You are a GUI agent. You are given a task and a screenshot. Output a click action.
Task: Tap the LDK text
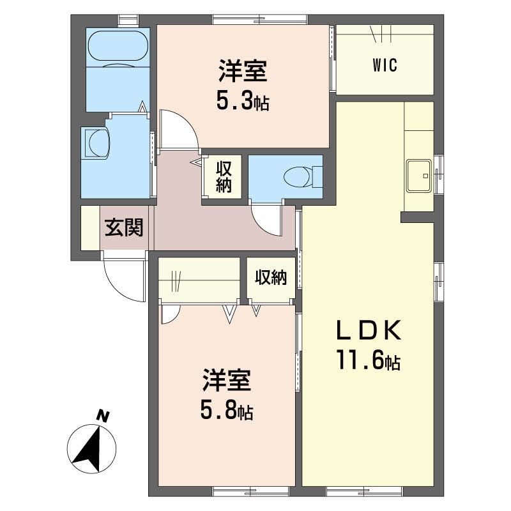click(x=369, y=332)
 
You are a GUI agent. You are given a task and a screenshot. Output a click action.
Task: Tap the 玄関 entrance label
click(x=124, y=227)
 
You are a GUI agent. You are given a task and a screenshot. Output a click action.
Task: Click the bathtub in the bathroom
click(x=118, y=47)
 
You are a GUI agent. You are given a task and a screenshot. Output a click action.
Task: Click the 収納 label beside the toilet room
click(x=223, y=177)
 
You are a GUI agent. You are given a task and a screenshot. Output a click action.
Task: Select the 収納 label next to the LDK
click(x=271, y=278)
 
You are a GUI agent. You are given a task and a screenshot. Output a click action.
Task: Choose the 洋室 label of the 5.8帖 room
click(x=227, y=381)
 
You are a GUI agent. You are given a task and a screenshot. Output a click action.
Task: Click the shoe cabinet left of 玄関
click(x=90, y=228)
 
